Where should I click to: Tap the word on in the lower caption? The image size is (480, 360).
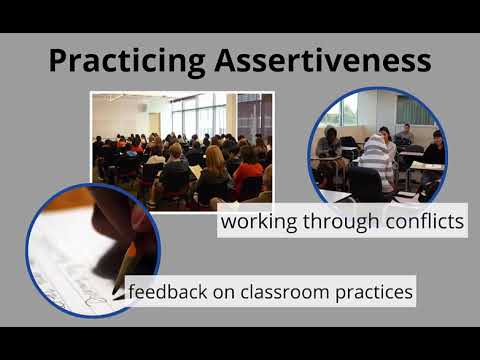[x=220, y=291]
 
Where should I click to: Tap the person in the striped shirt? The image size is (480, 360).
[x=377, y=160]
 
